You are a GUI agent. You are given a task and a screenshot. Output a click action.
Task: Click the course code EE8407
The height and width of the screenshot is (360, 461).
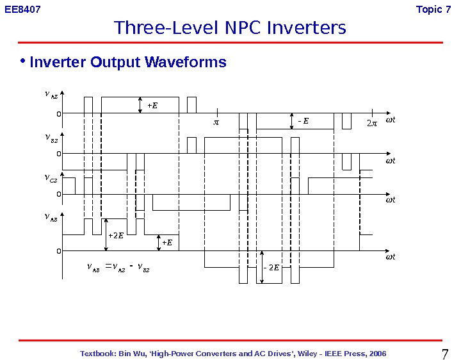(22, 10)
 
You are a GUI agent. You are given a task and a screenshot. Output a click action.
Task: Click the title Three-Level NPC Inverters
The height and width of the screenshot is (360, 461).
(230, 28)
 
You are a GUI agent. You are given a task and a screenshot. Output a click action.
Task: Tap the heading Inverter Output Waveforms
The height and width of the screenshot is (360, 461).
(128, 62)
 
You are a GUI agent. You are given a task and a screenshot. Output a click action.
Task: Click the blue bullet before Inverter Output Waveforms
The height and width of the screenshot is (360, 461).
(22, 61)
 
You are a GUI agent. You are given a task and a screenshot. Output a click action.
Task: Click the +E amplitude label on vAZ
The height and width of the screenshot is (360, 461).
(152, 105)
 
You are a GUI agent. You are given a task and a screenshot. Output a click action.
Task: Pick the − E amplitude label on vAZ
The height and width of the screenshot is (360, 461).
(303, 120)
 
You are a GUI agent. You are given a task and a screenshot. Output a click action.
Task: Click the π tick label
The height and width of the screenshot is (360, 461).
(216, 121)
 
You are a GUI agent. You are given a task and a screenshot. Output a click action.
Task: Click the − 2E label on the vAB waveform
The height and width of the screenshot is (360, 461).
(271, 266)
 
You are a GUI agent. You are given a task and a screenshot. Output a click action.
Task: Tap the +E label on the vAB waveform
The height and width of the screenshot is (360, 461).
(167, 242)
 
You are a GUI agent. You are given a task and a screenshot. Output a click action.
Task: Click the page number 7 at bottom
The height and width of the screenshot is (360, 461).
(446, 353)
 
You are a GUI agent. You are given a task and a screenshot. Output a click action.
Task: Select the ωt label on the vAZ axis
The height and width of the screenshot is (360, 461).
(390, 120)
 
